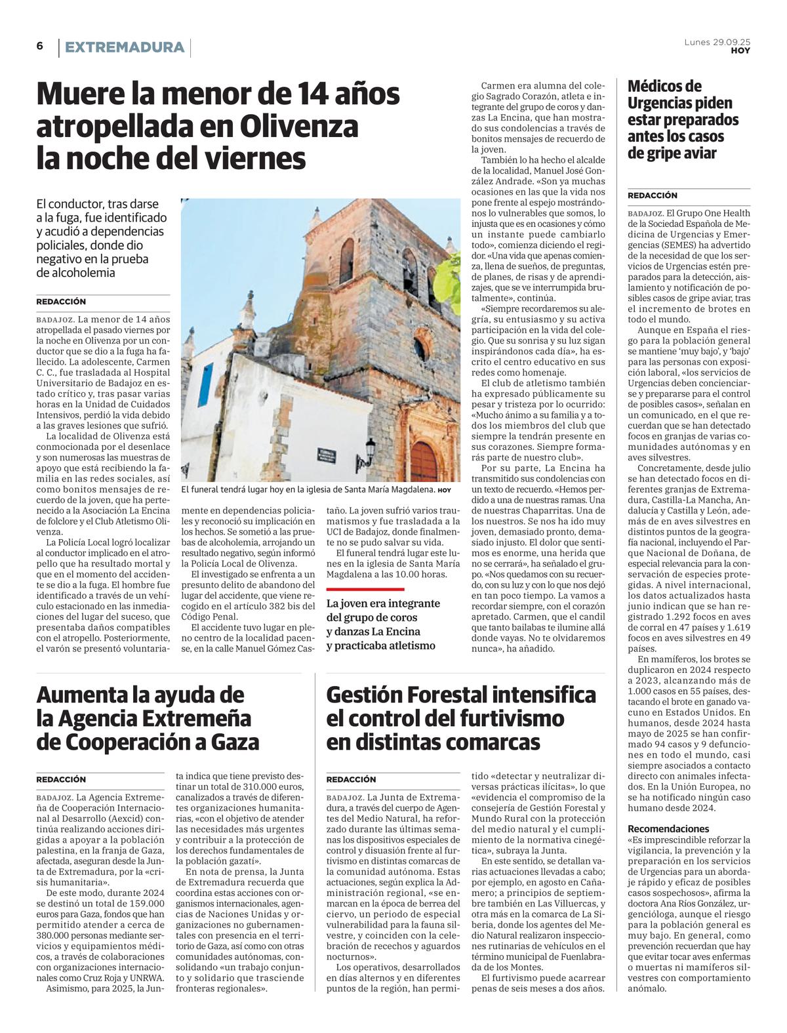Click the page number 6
pos(40,46)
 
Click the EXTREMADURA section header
pos(125,47)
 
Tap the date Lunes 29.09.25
pos(717,42)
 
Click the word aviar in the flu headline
pos(691,153)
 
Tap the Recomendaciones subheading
pos(668,828)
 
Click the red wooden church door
pos(424,462)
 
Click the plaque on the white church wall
pos(326,455)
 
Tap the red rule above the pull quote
pos(365,589)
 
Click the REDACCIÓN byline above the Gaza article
pos(61,779)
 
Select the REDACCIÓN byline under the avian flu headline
pos(653,195)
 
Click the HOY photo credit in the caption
pos(445,490)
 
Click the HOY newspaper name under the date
pos(740,51)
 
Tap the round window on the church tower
pos(420,348)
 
